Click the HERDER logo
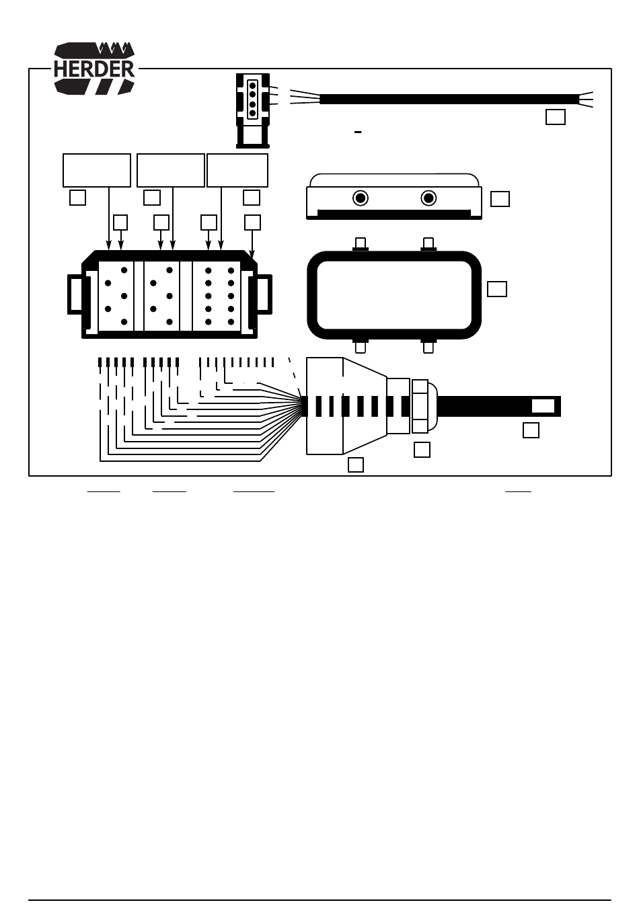pos(94,69)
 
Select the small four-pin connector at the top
pos(253,111)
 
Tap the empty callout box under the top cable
pos(555,117)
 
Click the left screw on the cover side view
pos(361,198)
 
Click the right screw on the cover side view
pos(428,198)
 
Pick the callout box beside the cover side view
pos(500,199)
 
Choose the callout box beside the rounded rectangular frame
pos(496,289)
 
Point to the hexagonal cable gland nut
pos(420,406)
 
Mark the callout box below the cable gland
pos(422,450)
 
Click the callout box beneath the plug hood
pos(356,465)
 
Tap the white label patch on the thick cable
pos(543,406)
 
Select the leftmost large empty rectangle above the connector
pos(97,171)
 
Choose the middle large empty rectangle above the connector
pos(171,171)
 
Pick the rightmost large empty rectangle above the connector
pos(237,171)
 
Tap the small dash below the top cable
pos(358,132)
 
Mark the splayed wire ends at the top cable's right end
pos(586,99)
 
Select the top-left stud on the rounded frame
pos(361,244)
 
